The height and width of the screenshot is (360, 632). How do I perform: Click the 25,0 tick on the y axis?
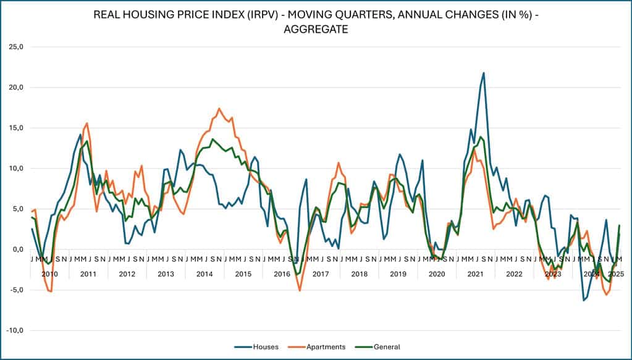15,47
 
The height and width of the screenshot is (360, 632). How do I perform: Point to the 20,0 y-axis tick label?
15,88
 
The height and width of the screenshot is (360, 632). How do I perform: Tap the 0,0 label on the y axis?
17,249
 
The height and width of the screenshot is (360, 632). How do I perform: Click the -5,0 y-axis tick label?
15,290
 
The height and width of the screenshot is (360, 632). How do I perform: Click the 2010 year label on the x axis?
49,274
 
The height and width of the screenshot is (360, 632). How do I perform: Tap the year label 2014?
204,274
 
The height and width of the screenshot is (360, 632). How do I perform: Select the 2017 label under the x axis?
320,274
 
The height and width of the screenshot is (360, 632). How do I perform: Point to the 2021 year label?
475,274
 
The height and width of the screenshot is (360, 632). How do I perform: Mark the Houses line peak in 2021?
484,73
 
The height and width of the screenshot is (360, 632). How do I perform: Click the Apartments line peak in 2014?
219,109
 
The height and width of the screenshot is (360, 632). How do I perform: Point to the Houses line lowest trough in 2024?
583,300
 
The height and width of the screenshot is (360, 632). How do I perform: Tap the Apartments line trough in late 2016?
300,290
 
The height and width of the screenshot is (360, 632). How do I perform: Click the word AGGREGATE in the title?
316,29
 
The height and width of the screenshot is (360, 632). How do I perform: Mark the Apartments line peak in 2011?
86,123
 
